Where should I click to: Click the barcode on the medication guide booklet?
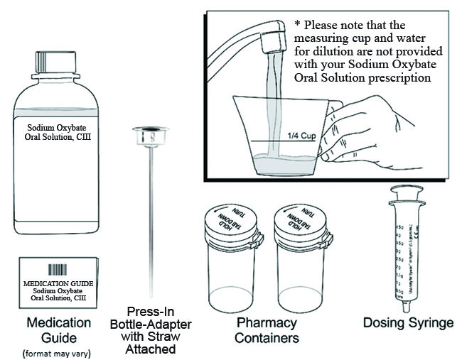pos(58,271)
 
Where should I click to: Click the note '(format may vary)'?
pos(58,352)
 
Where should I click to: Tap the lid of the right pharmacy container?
pos(297,226)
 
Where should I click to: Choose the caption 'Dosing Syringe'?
pos(408,324)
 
